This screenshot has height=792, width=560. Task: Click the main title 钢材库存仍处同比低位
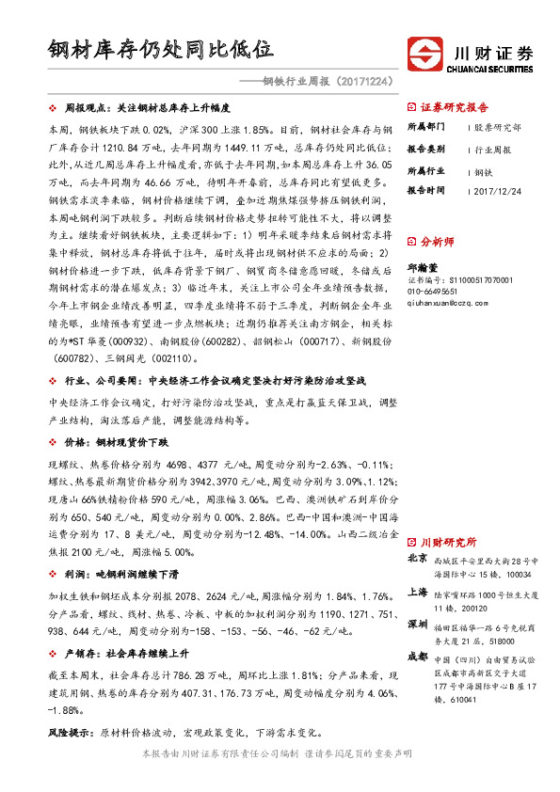[x=161, y=49]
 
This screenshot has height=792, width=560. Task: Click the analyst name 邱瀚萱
[x=424, y=266]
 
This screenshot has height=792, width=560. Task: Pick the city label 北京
[x=418, y=558]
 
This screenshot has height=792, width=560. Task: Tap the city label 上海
[x=418, y=593]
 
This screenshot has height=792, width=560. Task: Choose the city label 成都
[x=418, y=657]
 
